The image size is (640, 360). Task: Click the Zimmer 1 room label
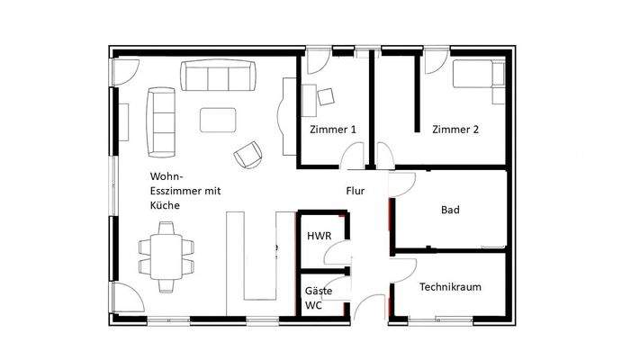tap(332, 130)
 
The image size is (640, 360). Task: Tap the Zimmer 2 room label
tap(455, 130)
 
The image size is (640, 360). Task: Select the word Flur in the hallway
tap(356, 192)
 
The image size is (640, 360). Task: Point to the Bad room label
tap(450, 210)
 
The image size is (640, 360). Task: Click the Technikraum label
tap(449, 287)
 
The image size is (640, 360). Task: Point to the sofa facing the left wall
tap(161, 121)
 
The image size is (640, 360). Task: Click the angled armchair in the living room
tap(248, 155)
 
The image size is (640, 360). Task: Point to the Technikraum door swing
tap(402, 271)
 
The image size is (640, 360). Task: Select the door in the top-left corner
tap(125, 71)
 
